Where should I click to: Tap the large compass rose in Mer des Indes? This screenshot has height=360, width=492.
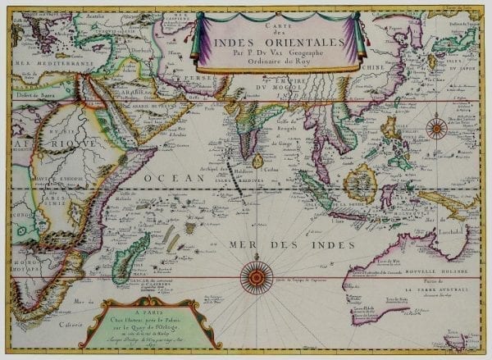pyautogui.click(x=257, y=277)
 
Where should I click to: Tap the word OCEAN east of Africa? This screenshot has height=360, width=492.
pyautogui.click(x=164, y=176)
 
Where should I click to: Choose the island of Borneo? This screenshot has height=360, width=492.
pyautogui.click(x=359, y=182)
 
